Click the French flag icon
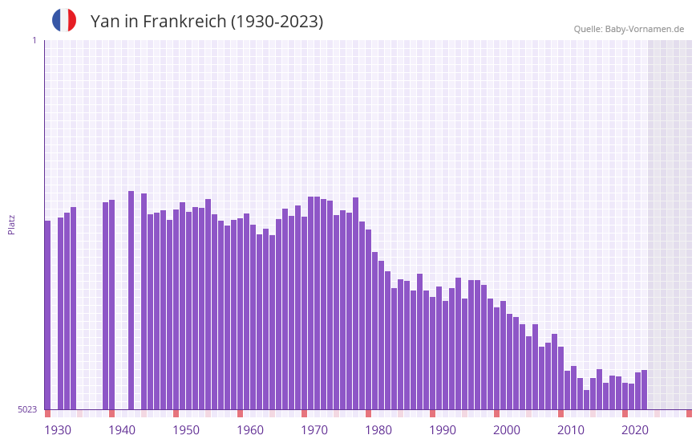(x=64, y=20)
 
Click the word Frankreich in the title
(x=184, y=22)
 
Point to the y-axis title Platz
(x=11, y=224)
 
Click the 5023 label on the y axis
(x=27, y=409)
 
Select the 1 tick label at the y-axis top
(x=34, y=40)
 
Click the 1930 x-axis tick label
(x=58, y=430)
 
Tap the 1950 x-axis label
(x=186, y=430)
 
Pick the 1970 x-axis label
(x=314, y=430)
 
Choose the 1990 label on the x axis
(x=443, y=430)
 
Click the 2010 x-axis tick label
(x=571, y=430)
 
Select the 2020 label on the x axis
(x=635, y=430)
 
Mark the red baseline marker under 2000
(x=496, y=413)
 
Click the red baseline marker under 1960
(x=240, y=413)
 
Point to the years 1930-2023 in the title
(x=277, y=22)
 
